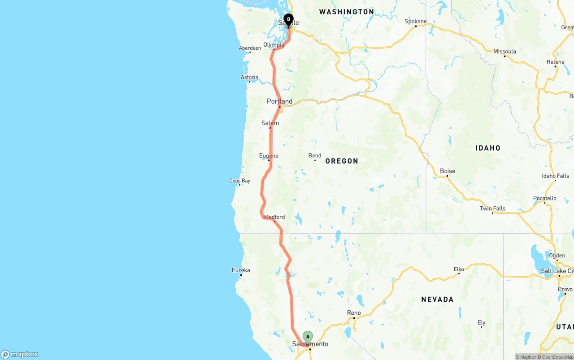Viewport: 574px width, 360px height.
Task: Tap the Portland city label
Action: [x=279, y=101]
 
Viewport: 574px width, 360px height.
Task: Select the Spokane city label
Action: [x=415, y=22]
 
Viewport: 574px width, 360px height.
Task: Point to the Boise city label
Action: [x=447, y=171]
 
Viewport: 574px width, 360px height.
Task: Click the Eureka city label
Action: [x=241, y=270]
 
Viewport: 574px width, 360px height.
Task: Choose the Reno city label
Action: [x=354, y=313]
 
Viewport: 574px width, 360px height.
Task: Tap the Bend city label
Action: [x=315, y=156]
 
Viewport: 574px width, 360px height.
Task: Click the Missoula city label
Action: [x=504, y=52]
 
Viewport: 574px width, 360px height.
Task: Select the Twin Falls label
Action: [x=492, y=208]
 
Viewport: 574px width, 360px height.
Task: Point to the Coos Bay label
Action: [x=239, y=181]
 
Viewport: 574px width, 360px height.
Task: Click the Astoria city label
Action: [x=249, y=78]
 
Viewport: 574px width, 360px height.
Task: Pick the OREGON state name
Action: [x=342, y=161]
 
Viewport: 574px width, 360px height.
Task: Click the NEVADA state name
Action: [x=437, y=299]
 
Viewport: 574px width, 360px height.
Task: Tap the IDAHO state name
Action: [x=488, y=148]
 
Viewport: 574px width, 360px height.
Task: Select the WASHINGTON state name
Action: [x=346, y=12]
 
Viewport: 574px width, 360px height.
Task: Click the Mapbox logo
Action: [x=20, y=355]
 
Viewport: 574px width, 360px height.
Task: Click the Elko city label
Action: [x=459, y=269]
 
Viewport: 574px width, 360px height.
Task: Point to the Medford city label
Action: [x=274, y=217]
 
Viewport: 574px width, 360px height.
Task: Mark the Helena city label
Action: [x=555, y=62]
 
